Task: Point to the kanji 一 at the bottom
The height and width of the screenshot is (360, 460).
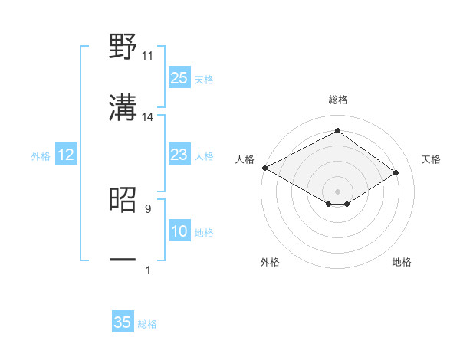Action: click(123, 260)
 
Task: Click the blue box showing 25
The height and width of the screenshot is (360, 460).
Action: click(179, 77)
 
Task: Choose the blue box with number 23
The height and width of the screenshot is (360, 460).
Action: click(179, 155)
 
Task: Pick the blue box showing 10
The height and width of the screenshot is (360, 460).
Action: click(179, 232)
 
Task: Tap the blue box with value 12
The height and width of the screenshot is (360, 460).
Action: click(66, 155)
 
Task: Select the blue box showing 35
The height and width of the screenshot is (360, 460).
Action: click(123, 322)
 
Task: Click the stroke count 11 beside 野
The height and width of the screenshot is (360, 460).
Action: click(148, 56)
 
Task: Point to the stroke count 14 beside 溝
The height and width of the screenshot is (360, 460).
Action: click(148, 117)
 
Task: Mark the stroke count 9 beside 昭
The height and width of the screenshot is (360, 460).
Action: click(148, 208)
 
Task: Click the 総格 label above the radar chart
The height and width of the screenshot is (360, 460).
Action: click(337, 100)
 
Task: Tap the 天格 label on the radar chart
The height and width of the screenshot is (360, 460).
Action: click(431, 159)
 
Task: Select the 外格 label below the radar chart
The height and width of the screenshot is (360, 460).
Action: click(270, 262)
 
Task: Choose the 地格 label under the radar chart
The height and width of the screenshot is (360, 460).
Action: click(402, 262)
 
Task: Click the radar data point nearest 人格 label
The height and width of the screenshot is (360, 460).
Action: click(264, 168)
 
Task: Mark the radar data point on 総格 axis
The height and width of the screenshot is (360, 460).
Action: click(337, 131)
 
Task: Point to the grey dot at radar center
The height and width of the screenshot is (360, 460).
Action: click(337, 190)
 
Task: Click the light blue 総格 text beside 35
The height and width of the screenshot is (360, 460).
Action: click(147, 324)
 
